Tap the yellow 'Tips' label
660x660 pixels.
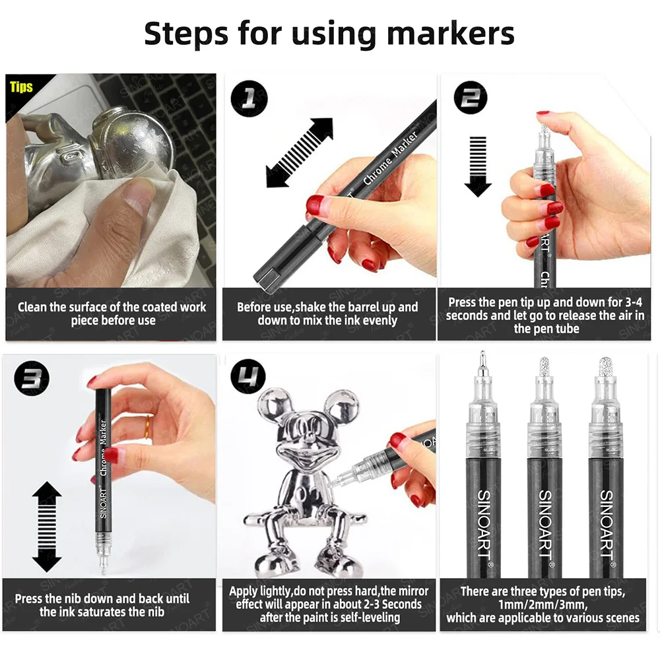tap(21, 86)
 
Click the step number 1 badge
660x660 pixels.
tap(249, 100)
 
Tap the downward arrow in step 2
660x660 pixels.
tap(478, 166)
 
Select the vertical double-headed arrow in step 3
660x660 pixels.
tap(46, 526)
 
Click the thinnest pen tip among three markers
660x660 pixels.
tap(483, 362)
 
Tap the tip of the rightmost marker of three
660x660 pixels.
tap(605, 367)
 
